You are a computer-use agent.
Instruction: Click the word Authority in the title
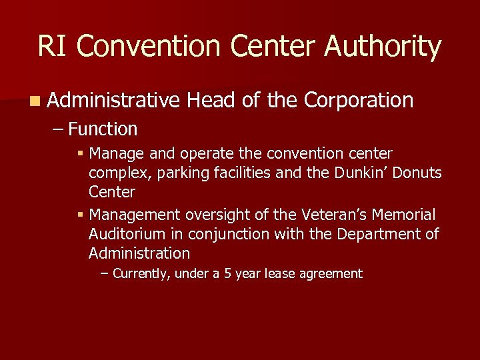383,47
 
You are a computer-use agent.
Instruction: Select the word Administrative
114,101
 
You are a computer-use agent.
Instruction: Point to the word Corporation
359,101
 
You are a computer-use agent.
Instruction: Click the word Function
103,129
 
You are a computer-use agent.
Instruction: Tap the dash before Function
57,129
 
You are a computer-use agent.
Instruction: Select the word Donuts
417,173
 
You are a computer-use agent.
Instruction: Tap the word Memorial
405,215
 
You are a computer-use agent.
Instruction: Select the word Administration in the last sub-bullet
139,253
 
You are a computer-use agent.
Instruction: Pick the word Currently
141,273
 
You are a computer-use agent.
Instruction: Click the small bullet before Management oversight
80,215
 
